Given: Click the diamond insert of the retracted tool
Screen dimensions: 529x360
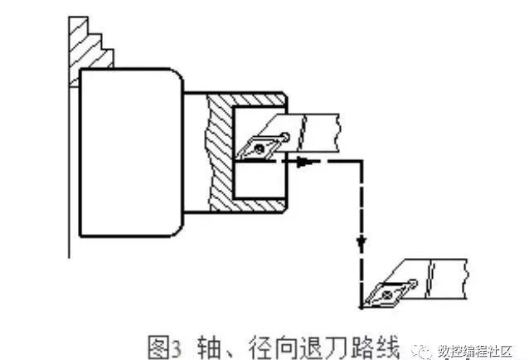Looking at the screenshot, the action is pos(386,292).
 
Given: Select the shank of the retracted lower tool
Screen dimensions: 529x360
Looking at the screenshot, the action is pos(448,275).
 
